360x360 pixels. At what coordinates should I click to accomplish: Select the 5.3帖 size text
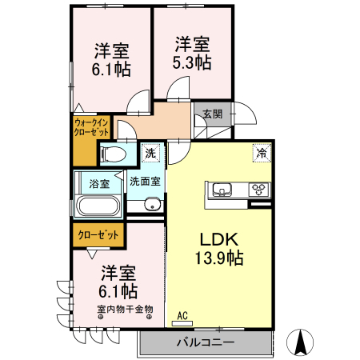click(192, 62)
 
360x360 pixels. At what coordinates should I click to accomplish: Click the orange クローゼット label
click(98, 235)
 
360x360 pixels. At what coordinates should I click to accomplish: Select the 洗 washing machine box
click(150, 151)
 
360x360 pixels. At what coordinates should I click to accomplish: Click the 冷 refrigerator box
click(261, 151)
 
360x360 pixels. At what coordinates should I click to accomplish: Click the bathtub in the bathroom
click(98, 207)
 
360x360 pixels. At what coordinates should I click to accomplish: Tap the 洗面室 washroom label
click(145, 181)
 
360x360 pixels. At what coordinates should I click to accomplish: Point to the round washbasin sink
click(152, 206)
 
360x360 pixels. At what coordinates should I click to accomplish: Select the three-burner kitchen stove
click(260, 190)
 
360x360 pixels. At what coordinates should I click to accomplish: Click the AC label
click(182, 315)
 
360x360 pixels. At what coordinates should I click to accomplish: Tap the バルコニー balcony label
click(204, 342)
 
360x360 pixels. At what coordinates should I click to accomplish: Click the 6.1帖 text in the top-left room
click(110, 70)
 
